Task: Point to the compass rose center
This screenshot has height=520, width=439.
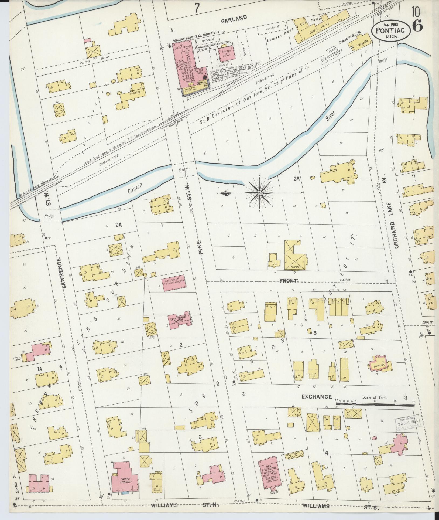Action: (x=259, y=193)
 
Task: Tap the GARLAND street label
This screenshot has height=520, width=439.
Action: (x=237, y=18)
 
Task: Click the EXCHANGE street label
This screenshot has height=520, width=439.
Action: (x=316, y=397)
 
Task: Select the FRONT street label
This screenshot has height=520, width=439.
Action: (x=289, y=281)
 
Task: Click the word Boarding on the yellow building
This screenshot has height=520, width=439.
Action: (x=135, y=92)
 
